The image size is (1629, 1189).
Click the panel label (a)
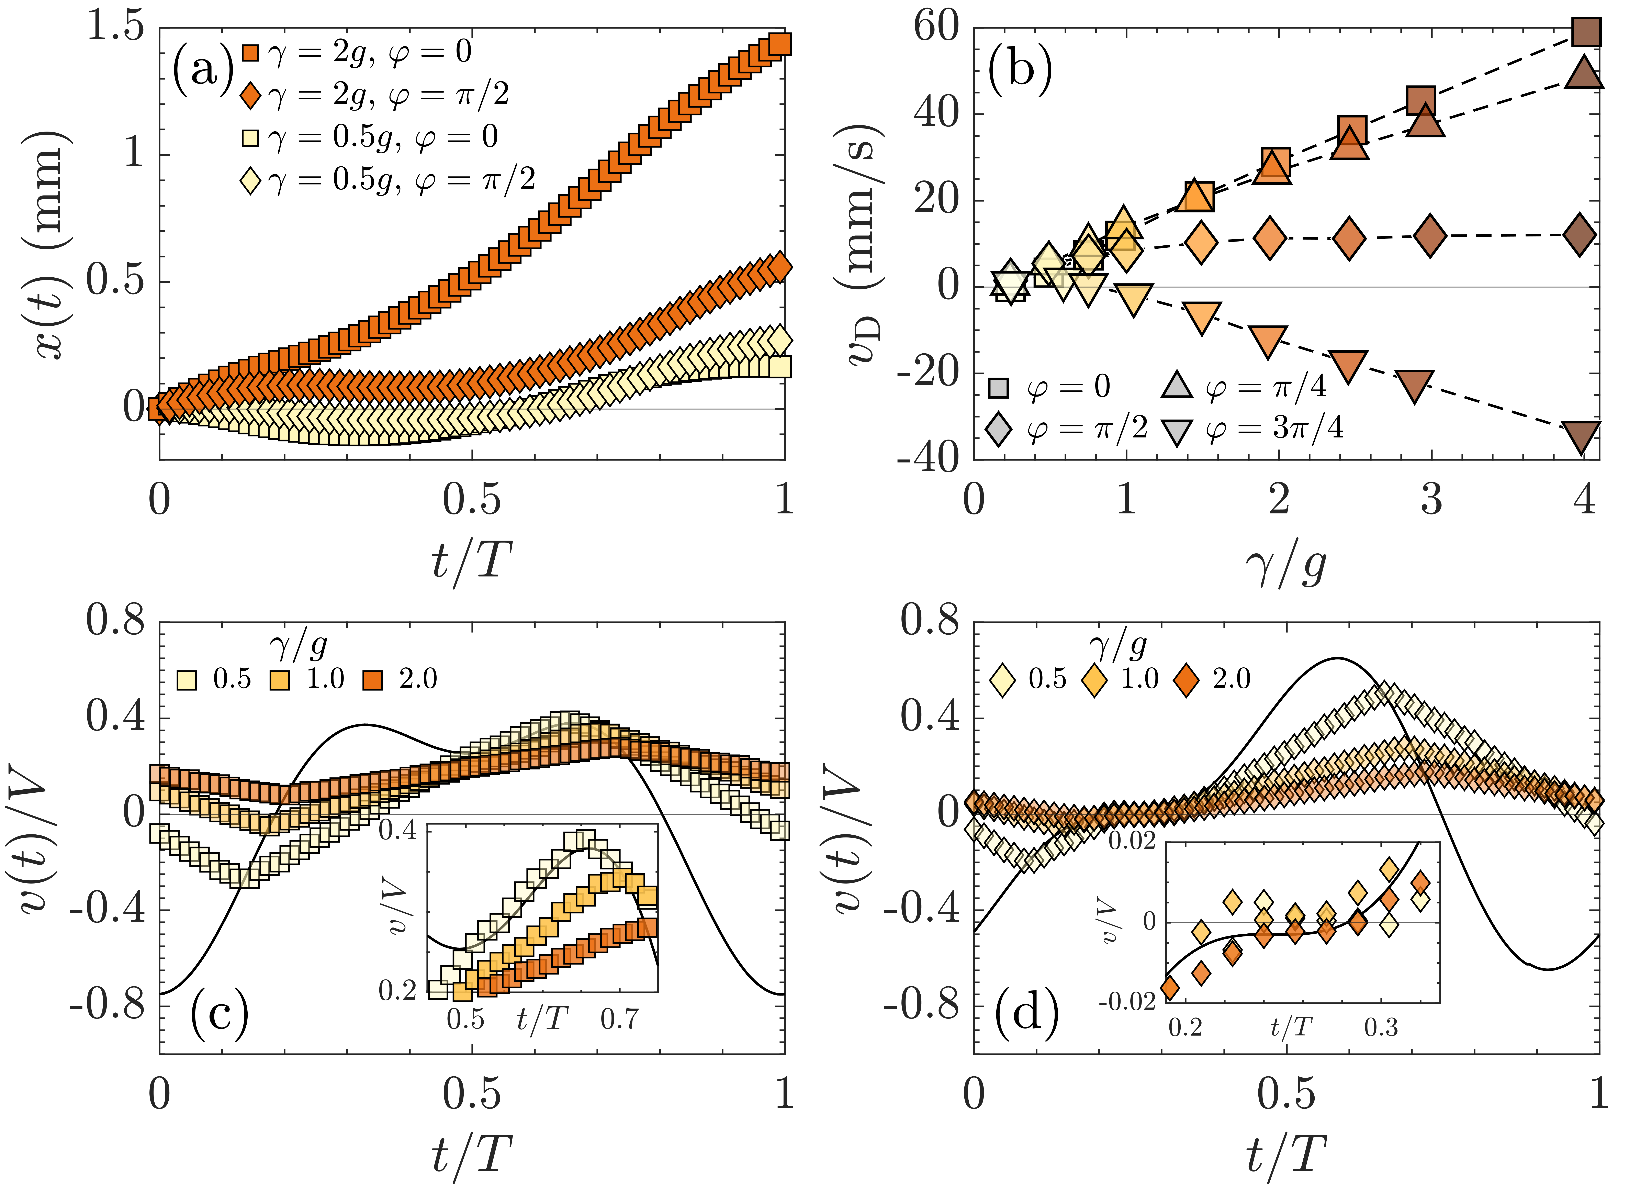tap(203, 70)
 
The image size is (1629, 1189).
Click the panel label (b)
tap(1020, 70)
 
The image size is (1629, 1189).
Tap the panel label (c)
tap(220, 1013)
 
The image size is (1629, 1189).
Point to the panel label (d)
tap(1027, 1013)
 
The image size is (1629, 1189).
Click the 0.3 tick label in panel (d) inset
tap(1381, 1027)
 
